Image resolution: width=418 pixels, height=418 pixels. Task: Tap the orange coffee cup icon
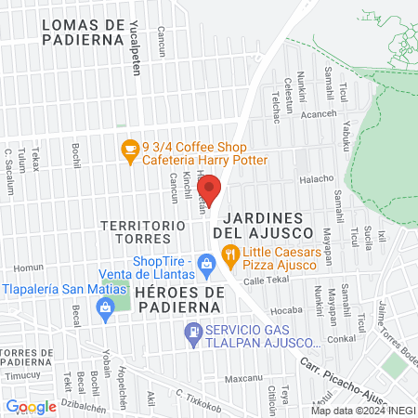(x=131, y=147)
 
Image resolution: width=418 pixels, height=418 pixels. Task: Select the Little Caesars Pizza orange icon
(x=229, y=254)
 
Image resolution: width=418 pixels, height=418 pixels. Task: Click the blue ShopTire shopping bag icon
(x=207, y=267)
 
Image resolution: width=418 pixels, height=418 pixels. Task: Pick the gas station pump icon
(x=192, y=331)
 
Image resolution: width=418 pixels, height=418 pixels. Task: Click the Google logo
(x=30, y=406)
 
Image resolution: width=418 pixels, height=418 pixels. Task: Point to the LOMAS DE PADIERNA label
(x=84, y=31)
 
